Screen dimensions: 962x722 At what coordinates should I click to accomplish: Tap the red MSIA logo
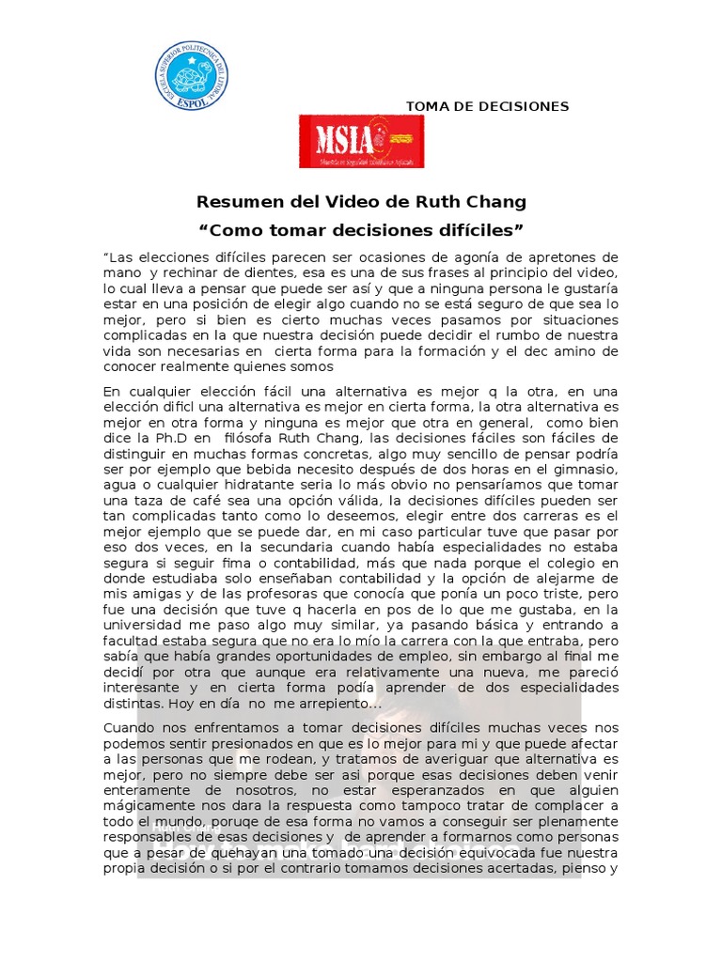(x=361, y=141)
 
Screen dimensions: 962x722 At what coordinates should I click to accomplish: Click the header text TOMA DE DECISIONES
(x=487, y=106)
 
